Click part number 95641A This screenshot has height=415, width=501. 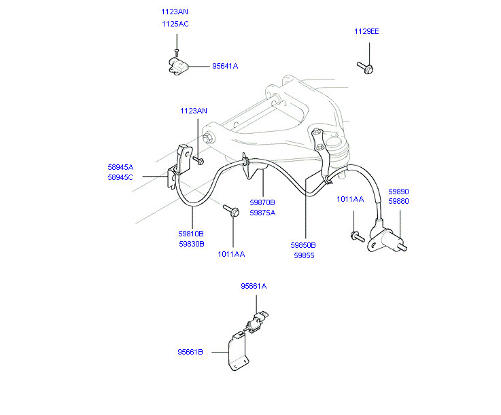225,67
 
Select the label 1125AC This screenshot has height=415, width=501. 175,24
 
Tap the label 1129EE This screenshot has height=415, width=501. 366,31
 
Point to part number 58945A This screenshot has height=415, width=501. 120,167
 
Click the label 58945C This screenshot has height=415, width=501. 120,177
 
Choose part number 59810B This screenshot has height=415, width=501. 191,234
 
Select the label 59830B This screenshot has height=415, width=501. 191,244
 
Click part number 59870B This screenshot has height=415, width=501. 262,202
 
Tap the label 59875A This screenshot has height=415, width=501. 262,213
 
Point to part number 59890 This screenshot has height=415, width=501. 398,192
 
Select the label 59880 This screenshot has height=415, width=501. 398,202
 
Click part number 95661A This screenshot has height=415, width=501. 254,287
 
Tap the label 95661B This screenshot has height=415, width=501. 190,352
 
